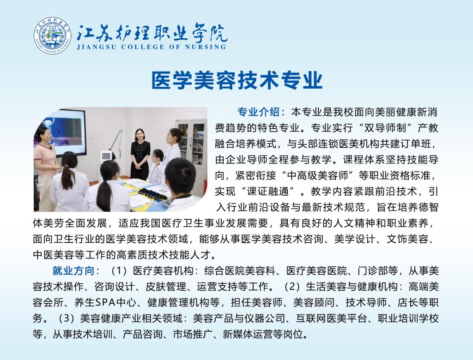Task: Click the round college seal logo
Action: [53, 36]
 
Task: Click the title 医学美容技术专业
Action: [237, 80]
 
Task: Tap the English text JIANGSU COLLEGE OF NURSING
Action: [151, 47]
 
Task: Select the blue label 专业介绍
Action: [258, 112]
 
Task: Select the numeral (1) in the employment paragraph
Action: [119, 270]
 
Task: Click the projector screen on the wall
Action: [64, 132]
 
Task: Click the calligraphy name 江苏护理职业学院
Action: [151, 33]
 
